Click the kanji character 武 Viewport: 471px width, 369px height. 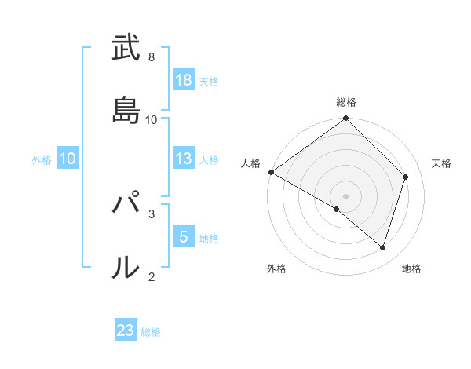coord(126,49)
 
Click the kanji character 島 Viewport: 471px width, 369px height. coord(126,110)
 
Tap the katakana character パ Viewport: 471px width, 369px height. coord(126,205)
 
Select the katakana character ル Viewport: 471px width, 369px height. coord(126,267)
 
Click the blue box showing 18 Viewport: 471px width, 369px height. coord(183,79)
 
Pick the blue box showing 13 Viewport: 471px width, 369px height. coord(183,159)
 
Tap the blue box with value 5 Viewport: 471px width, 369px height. coord(183,236)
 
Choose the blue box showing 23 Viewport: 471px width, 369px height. coord(126,331)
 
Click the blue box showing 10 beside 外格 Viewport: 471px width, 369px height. coord(68,159)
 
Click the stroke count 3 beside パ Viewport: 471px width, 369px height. coord(152,213)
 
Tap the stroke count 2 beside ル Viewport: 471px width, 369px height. coord(152,276)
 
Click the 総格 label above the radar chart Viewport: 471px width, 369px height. coord(346,102)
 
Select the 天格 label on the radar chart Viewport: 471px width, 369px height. coord(441,163)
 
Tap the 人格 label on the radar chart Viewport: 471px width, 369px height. coord(250,163)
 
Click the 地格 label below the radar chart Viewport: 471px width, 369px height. coord(411,269)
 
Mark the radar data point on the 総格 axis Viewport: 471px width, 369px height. coord(346,119)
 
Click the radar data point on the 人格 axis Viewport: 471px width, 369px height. coord(271,172)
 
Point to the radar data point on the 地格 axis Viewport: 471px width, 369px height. coord(383,247)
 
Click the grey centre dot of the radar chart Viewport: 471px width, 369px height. coord(346,195)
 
